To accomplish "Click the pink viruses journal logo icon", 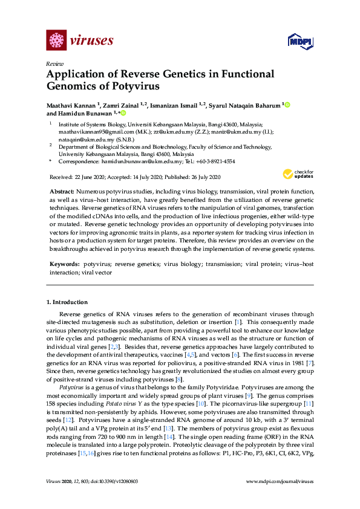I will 56,41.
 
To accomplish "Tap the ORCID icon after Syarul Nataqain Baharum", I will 287,105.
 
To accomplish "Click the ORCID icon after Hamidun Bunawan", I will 123,113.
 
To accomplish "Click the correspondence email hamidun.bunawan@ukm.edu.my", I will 140,161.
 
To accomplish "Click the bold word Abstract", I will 62,190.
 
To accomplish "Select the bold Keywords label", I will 64,265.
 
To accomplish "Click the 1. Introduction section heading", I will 67,302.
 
